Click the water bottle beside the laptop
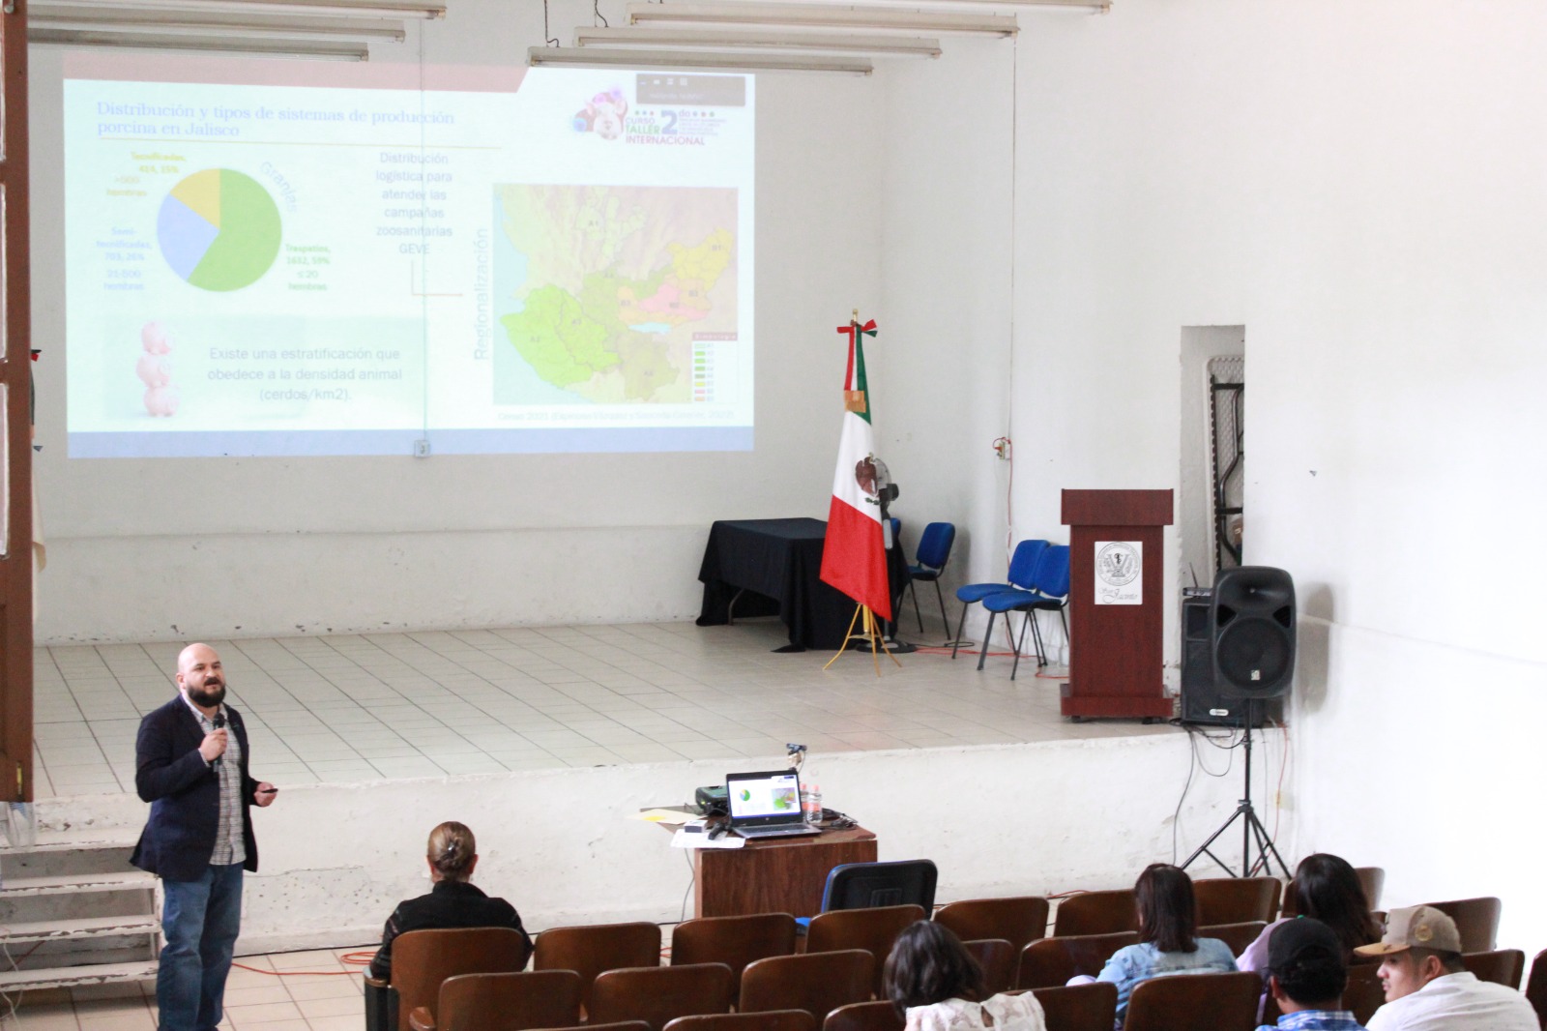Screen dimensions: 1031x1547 (x=813, y=802)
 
